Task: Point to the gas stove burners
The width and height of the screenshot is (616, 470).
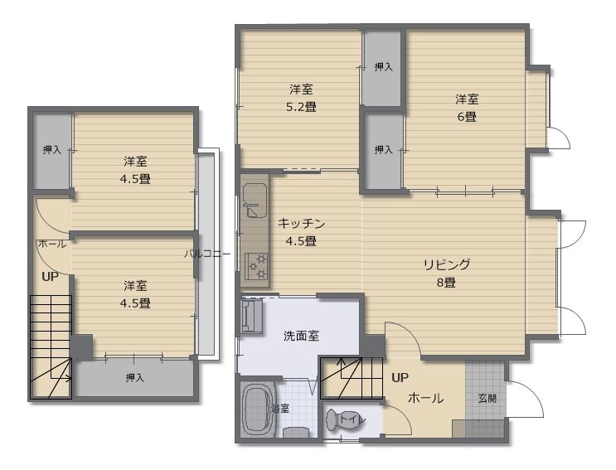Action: [256, 266]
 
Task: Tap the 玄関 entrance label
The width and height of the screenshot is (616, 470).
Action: [487, 399]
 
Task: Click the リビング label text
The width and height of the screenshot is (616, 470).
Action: [447, 264]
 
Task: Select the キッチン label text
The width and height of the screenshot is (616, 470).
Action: [301, 224]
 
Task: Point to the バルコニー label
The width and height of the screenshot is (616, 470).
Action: [208, 254]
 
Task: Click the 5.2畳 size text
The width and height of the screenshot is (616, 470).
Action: [301, 107]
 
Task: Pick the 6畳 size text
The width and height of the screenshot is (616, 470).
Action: [467, 117]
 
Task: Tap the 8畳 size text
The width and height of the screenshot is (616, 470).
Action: [447, 283]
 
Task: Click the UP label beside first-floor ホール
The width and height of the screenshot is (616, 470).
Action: [400, 378]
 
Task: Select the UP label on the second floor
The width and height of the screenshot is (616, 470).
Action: [50, 277]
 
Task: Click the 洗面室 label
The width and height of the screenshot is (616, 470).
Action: [301, 336]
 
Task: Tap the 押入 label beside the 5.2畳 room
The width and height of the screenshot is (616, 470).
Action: [383, 67]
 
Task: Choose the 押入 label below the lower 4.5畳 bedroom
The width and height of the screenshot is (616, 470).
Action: [135, 378]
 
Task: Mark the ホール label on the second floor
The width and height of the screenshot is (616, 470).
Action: [51, 244]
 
